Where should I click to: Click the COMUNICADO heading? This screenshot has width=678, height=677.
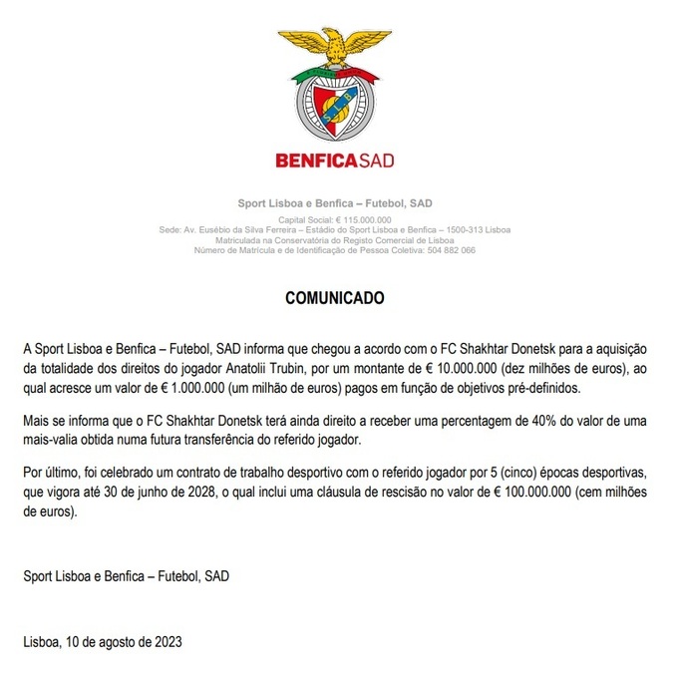pyautogui.click(x=334, y=298)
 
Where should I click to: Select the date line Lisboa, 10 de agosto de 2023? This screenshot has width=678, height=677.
pyautogui.click(x=103, y=641)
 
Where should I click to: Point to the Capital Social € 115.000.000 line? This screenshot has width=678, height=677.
pyautogui.click(x=334, y=219)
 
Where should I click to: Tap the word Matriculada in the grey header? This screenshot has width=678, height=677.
pyautogui.click(x=256, y=240)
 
